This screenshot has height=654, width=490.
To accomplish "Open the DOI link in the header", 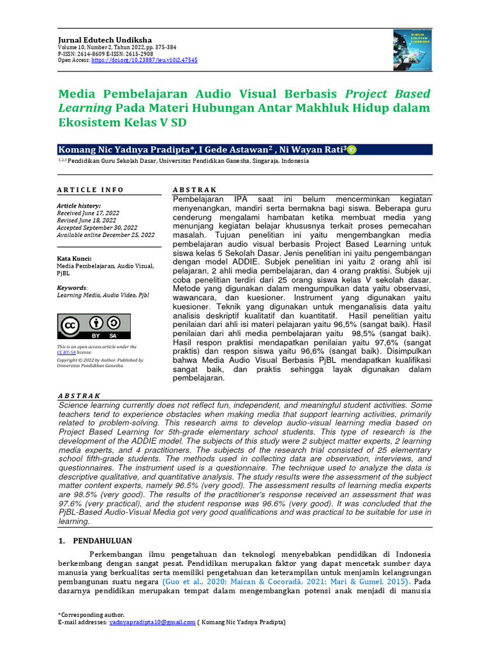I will [144, 59].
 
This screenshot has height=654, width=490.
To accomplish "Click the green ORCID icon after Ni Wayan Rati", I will [352, 149].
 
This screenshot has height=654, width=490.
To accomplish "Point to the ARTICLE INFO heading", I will [90, 190].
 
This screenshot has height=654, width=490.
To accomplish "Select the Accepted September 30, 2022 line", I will [97, 227].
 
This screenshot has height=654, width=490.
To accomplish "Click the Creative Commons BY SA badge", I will [94, 326].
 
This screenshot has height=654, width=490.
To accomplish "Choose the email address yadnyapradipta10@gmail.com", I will [152, 621].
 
